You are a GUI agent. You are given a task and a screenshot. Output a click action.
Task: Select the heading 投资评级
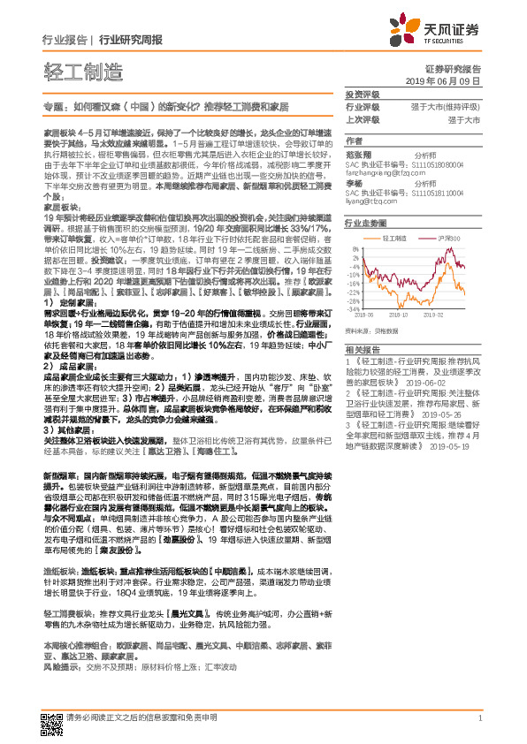click(x=362, y=94)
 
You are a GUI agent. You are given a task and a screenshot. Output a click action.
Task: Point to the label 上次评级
click(x=362, y=118)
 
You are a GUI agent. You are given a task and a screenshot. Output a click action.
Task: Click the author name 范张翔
click(x=357, y=154)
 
